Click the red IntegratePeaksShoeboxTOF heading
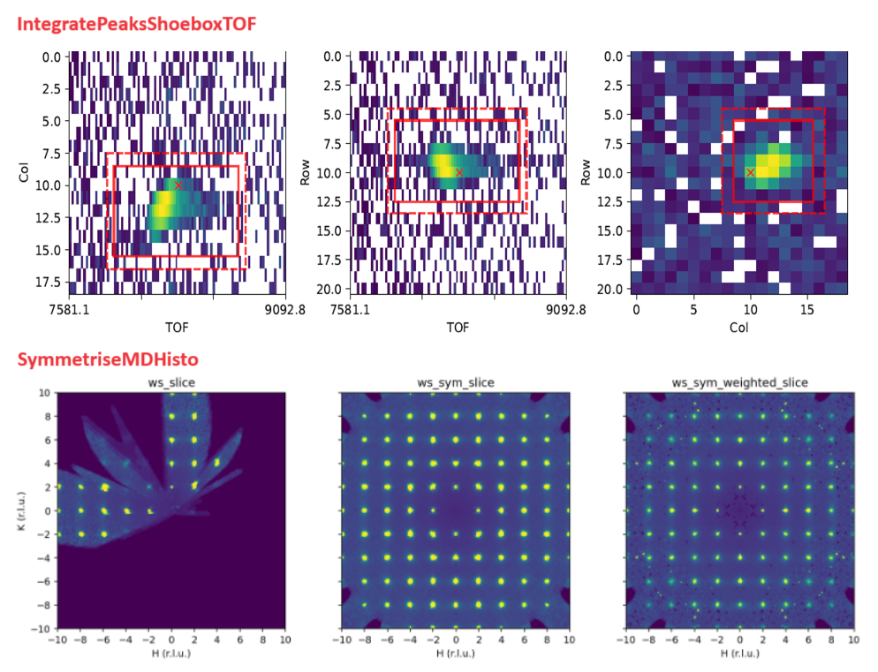click(137, 24)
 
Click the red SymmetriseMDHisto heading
click(107, 359)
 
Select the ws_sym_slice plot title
click(455, 382)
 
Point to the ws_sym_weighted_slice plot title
click(739, 382)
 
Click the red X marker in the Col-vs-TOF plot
click(178, 185)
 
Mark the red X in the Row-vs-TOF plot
click(458, 172)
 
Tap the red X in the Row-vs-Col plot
click(750, 172)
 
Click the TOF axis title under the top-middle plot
click(458, 327)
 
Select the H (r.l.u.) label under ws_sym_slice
click(455, 653)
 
